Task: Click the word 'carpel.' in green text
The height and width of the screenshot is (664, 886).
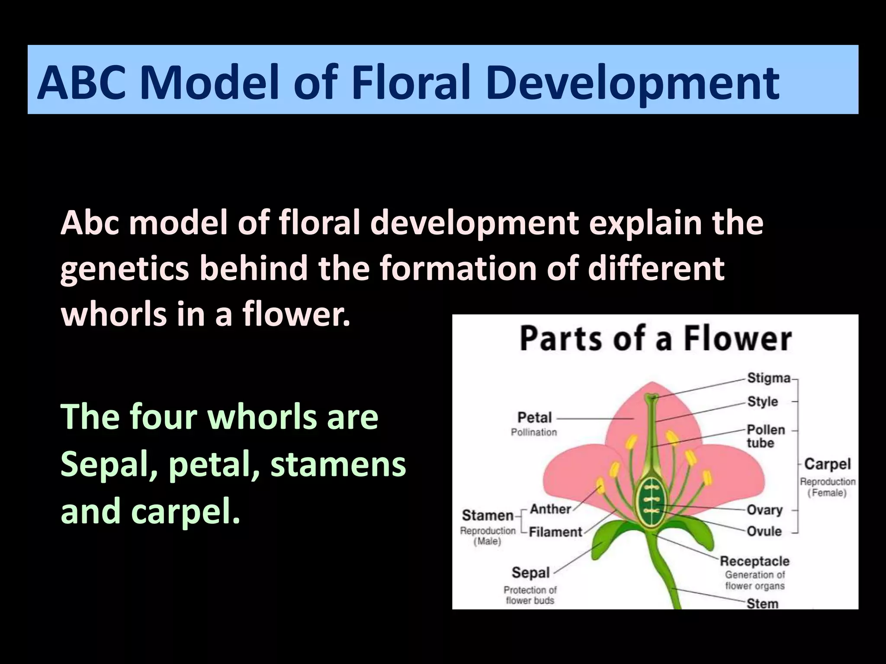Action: click(x=186, y=511)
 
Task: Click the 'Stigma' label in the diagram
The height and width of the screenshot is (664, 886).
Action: click(x=769, y=378)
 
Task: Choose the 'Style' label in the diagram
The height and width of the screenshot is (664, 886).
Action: click(x=763, y=402)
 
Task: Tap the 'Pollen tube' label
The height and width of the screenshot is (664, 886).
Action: click(x=765, y=436)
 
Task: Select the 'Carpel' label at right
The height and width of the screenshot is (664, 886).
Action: click(x=827, y=464)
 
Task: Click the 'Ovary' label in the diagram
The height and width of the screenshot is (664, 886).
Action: click(x=764, y=510)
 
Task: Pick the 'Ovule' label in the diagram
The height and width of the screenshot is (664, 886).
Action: click(x=764, y=531)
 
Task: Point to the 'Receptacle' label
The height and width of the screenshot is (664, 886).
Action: click(x=754, y=561)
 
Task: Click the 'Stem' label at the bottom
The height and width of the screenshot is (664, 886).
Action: click(x=762, y=603)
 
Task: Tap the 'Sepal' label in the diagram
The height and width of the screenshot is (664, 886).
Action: click(x=530, y=573)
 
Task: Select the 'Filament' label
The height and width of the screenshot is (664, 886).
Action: click(x=555, y=532)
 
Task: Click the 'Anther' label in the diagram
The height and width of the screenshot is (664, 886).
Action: click(x=550, y=509)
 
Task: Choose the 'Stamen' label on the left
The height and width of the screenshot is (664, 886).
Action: click(x=488, y=515)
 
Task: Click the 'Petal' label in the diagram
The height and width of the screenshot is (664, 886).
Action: click(x=535, y=418)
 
